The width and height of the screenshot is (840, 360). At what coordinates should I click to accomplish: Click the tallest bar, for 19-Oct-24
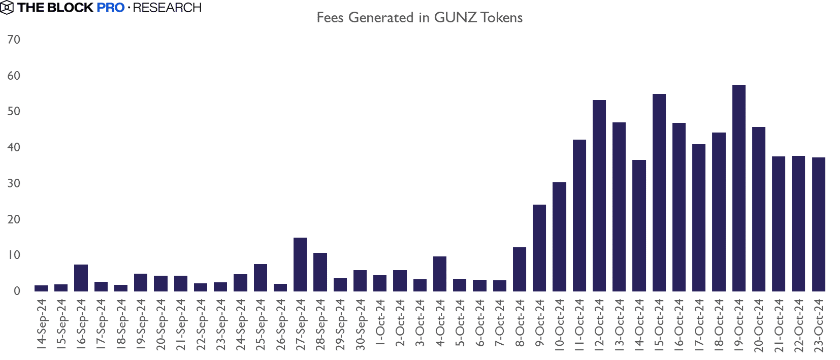tap(739, 188)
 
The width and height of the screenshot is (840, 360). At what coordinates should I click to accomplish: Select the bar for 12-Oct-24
tap(599, 195)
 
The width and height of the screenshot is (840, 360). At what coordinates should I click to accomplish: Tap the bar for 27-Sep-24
tap(300, 264)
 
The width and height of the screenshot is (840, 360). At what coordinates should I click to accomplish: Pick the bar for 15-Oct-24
tap(659, 192)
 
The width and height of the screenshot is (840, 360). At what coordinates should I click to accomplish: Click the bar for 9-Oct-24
tap(539, 248)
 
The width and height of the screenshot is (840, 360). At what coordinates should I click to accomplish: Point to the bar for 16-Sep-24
tap(81, 278)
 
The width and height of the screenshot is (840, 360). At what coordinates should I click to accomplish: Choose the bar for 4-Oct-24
tap(440, 274)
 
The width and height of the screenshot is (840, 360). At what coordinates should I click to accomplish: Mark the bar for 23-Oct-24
tap(819, 224)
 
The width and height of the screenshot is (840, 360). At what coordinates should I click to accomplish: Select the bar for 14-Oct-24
tap(639, 225)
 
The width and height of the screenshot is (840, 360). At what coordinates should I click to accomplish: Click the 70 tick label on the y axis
tap(14, 40)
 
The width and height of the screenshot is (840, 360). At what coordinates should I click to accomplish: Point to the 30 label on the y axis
tap(14, 183)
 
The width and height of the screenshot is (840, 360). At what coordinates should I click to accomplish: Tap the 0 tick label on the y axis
tap(17, 291)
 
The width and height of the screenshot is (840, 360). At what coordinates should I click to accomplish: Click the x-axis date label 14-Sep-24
tap(42, 324)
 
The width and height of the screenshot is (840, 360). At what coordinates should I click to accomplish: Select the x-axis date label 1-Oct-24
tap(380, 322)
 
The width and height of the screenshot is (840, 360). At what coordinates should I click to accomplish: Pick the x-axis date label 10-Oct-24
tap(559, 324)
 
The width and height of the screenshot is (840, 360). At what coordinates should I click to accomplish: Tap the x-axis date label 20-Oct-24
tap(759, 324)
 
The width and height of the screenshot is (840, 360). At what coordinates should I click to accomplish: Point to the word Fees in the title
tap(330, 18)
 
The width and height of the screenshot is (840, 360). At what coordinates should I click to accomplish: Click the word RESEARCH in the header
tap(167, 8)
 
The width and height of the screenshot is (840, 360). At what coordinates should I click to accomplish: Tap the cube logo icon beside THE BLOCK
tap(7, 8)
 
